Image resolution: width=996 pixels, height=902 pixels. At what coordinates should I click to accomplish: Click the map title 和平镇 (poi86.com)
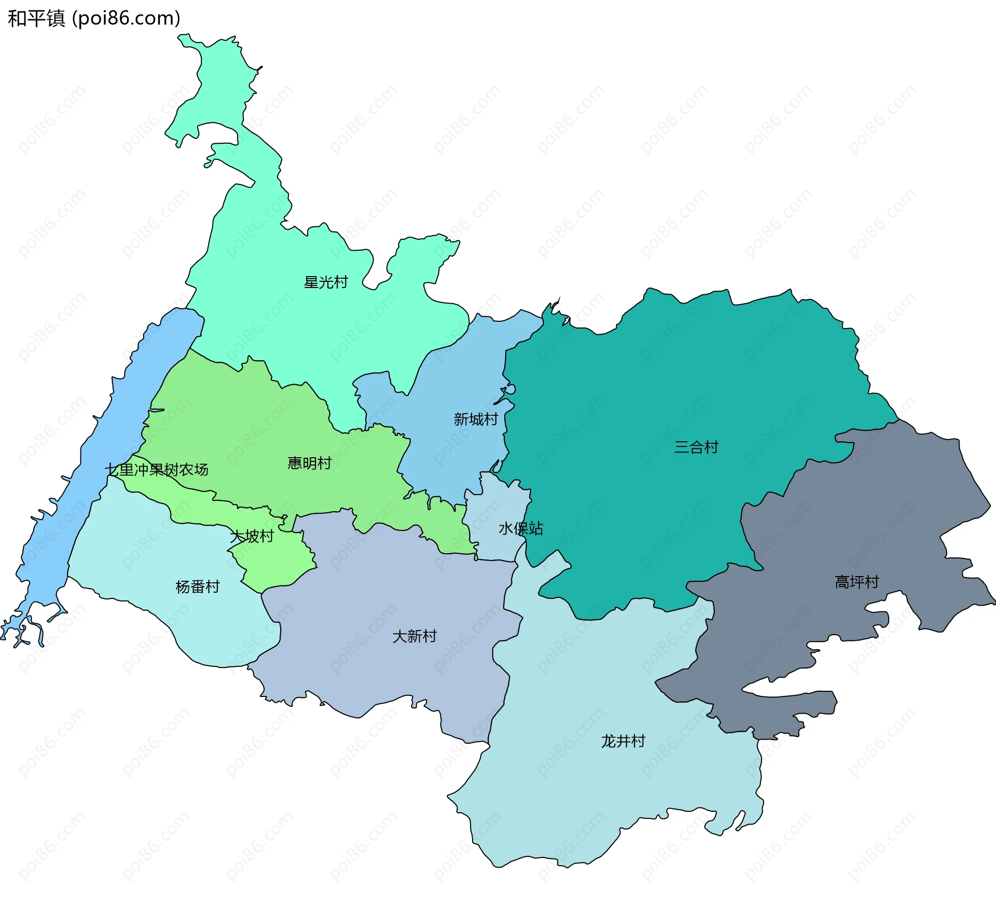(94, 18)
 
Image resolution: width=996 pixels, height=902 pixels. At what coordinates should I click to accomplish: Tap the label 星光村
(326, 282)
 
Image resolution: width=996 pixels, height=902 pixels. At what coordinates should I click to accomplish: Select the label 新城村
(476, 419)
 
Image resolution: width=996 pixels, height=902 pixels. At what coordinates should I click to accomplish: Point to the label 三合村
(696, 447)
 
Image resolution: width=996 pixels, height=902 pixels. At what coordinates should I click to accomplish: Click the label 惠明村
(310, 463)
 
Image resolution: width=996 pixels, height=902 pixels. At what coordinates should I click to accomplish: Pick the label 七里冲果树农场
(157, 470)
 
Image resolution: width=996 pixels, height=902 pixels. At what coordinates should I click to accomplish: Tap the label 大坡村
(252, 536)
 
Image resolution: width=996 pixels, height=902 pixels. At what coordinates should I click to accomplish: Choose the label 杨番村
(198, 587)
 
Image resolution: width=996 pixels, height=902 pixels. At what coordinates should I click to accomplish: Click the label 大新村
(414, 636)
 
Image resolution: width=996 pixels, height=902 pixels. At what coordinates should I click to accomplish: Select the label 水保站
(521, 528)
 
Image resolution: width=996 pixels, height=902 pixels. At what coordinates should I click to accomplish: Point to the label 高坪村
(857, 582)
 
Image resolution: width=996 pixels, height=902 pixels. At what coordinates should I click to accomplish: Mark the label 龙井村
(623, 741)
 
